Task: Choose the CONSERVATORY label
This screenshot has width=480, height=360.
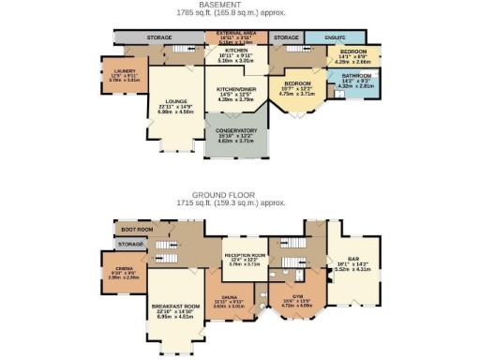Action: pos(236,130)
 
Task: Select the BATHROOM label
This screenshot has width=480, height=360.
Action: pos(355,75)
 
